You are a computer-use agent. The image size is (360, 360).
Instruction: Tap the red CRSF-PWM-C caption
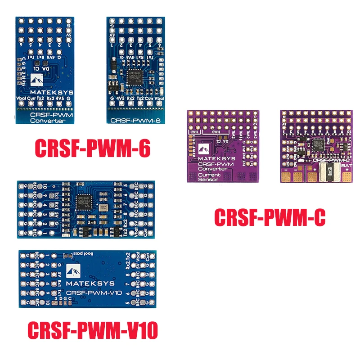tap(269, 218)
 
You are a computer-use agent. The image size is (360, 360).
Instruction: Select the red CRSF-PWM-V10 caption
tap(93, 331)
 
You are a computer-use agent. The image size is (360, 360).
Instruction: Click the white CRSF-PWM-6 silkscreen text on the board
tap(134, 120)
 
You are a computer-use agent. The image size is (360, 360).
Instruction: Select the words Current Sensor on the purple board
tap(208, 176)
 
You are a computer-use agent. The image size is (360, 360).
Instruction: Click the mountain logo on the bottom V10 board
tap(73, 270)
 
